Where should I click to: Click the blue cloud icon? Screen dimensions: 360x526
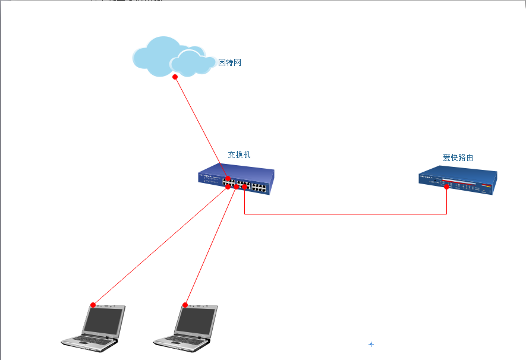172,56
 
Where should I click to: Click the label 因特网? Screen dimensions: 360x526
230,62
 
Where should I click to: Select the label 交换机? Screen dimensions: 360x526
239,154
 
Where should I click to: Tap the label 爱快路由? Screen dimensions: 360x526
458,157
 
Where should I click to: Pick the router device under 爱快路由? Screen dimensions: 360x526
457,181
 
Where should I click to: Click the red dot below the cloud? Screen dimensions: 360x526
175,77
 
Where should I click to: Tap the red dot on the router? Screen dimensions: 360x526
446,187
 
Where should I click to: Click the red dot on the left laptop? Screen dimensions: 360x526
93,305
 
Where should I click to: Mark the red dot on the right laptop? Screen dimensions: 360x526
185,305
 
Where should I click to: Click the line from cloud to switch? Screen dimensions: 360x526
201,127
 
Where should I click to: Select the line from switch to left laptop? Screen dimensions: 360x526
160,245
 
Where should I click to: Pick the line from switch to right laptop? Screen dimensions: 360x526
210,246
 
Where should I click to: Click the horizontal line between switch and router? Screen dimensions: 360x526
345,214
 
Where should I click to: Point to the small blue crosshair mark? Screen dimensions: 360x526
371,344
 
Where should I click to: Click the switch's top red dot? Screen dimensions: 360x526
228,178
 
